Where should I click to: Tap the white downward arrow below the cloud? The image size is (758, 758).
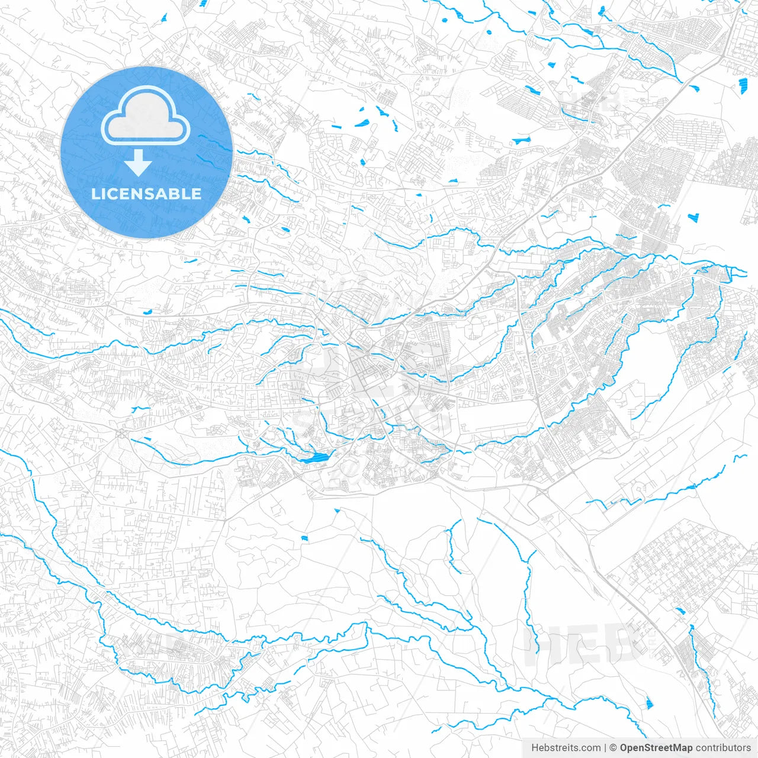(x=139, y=163)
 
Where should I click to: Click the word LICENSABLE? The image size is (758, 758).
(x=146, y=194)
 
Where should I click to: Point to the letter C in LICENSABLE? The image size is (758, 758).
(x=114, y=194)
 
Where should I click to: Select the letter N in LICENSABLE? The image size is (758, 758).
(x=137, y=194)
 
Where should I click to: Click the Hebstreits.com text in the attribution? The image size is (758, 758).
(x=566, y=748)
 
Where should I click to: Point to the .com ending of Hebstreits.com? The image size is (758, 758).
(x=590, y=748)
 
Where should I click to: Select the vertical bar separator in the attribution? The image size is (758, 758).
(x=605, y=748)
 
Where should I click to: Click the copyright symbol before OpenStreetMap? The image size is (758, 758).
(x=614, y=748)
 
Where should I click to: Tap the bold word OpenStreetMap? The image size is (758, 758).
(x=656, y=748)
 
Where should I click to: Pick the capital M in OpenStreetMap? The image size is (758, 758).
(x=674, y=748)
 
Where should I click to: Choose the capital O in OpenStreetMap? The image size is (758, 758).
(x=624, y=748)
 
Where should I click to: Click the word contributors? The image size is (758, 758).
(x=723, y=748)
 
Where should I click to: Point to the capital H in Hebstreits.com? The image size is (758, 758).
(x=535, y=748)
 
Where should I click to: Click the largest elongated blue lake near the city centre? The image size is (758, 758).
(x=314, y=458)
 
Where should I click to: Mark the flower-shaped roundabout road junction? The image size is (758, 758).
(x=122, y=433)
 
